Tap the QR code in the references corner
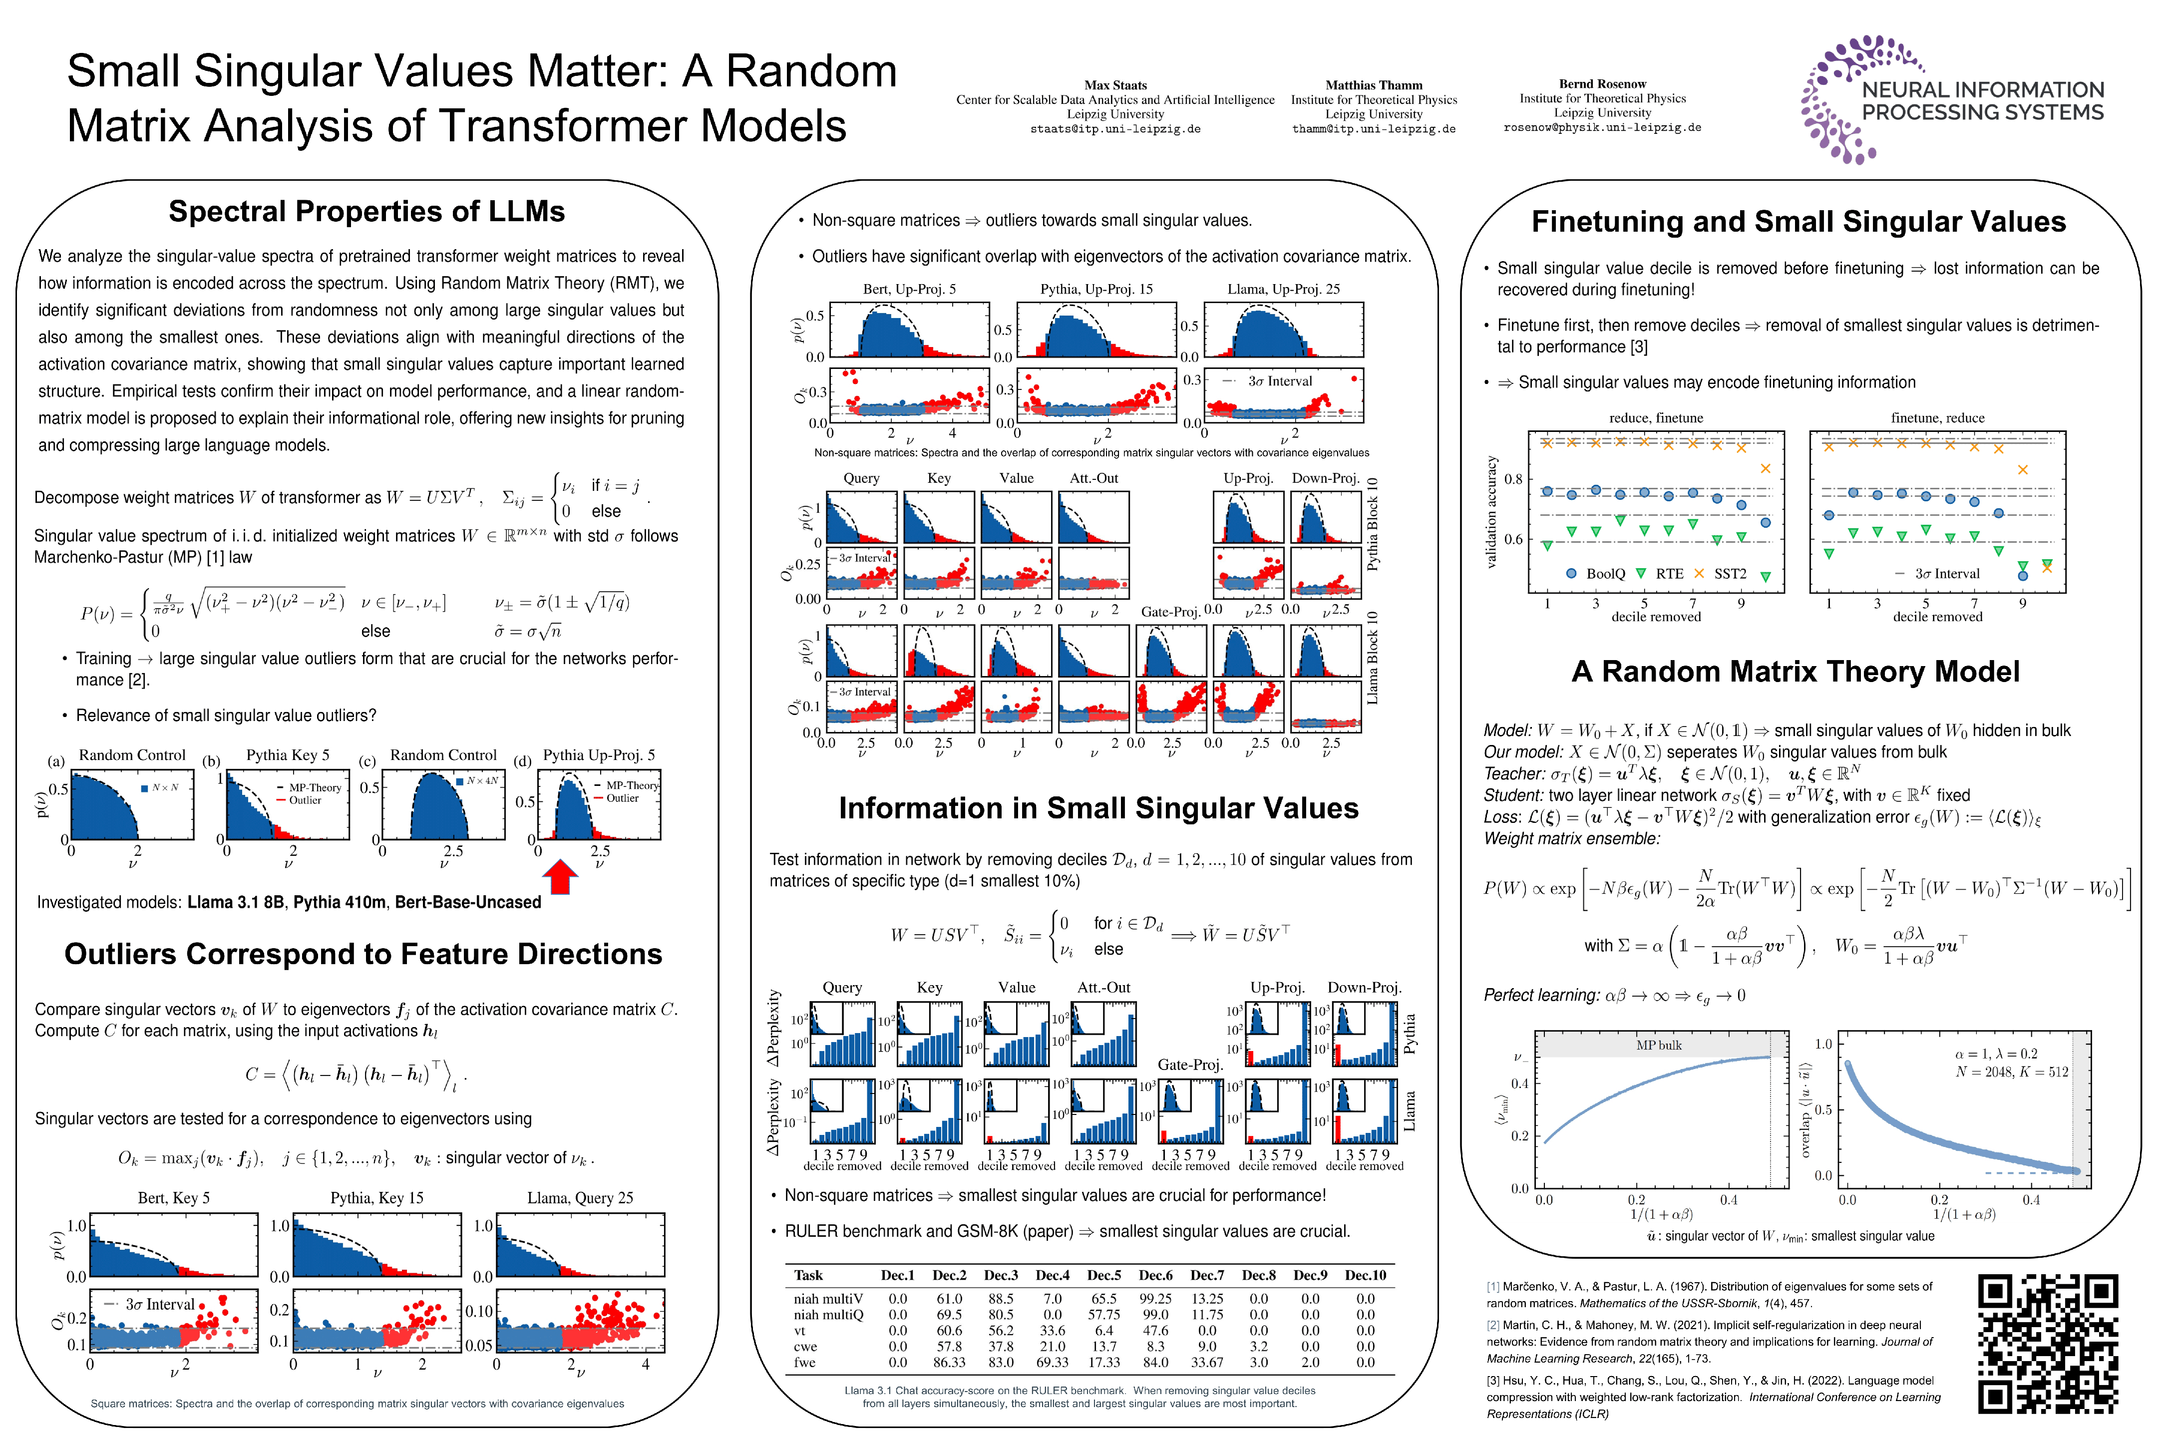(2048, 1344)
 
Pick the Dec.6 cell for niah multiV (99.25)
(1155, 1299)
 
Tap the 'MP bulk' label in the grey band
(1658, 1045)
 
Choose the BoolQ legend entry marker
(1571, 573)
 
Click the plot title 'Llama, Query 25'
(580, 1198)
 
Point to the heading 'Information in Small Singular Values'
(1098, 808)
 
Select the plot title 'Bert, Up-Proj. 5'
(909, 289)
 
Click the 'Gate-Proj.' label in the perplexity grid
(1189, 1064)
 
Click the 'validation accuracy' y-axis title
(1491, 512)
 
